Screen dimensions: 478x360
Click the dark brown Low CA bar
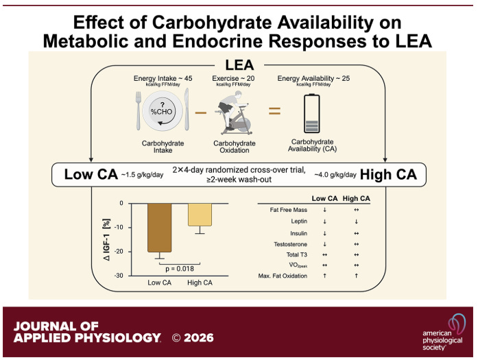[x=159, y=228]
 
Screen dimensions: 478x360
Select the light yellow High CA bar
[x=200, y=215]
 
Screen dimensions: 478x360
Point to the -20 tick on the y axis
[x=119, y=252]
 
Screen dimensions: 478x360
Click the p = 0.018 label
[x=180, y=269]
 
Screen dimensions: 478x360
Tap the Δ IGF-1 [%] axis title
[x=107, y=239]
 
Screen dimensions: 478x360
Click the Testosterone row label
[x=291, y=244]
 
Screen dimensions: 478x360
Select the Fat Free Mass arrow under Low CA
[x=324, y=210]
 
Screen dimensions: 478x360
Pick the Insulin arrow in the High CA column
[x=357, y=234]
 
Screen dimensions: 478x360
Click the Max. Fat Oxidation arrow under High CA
[x=357, y=276]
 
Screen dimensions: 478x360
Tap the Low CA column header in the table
[x=324, y=198]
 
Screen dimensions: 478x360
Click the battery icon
[x=312, y=113]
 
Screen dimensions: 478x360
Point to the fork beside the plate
[x=139, y=111]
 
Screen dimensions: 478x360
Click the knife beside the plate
[x=187, y=109]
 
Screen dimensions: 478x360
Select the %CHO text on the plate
[x=162, y=112]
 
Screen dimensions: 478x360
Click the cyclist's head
[x=238, y=95]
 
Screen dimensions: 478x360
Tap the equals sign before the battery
[x=274, y=111]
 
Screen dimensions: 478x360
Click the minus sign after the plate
[x=200, y=112]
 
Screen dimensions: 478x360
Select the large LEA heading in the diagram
[x=239, y=65]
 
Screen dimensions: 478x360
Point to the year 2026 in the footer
[x=199, y=338]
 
